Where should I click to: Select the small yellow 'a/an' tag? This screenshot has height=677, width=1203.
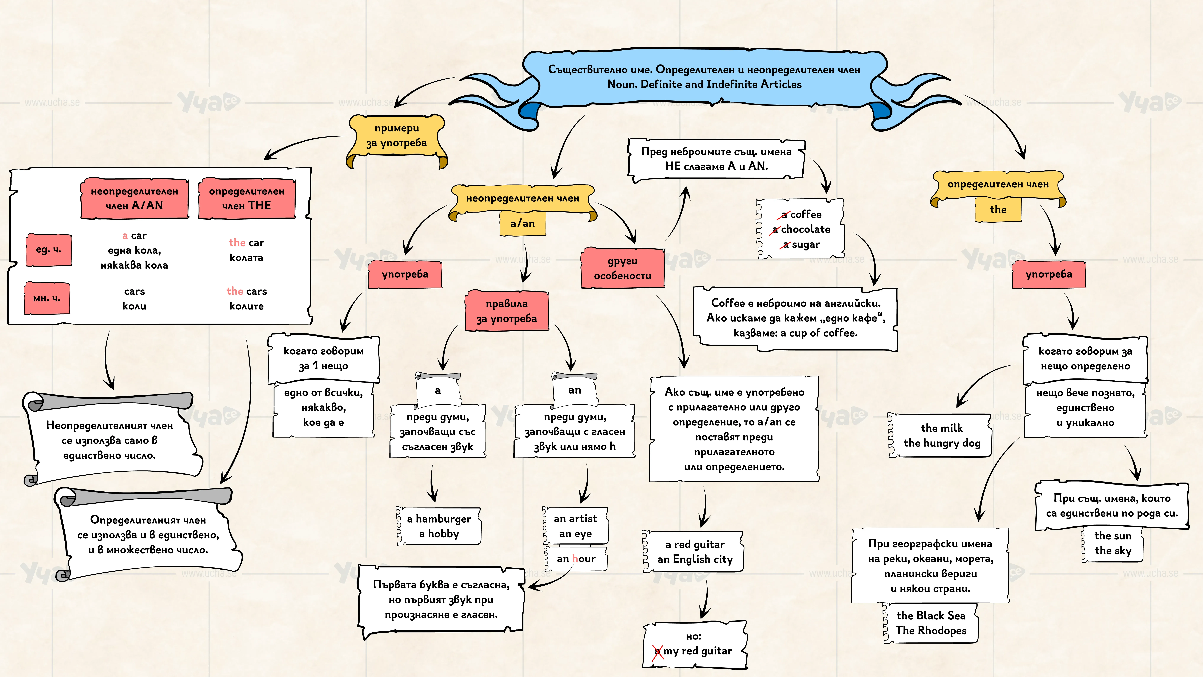[523, 223]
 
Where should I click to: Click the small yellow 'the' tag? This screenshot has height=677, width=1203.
[998, 209]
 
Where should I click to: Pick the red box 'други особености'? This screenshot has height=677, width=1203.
[623, 268]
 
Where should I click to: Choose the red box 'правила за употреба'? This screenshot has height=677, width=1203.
[507, 311]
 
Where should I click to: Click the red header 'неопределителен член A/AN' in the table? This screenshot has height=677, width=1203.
[135, 198]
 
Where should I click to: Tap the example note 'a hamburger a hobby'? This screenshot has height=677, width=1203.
[439, 526]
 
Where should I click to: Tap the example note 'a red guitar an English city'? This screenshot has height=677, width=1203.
[694, 552]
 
